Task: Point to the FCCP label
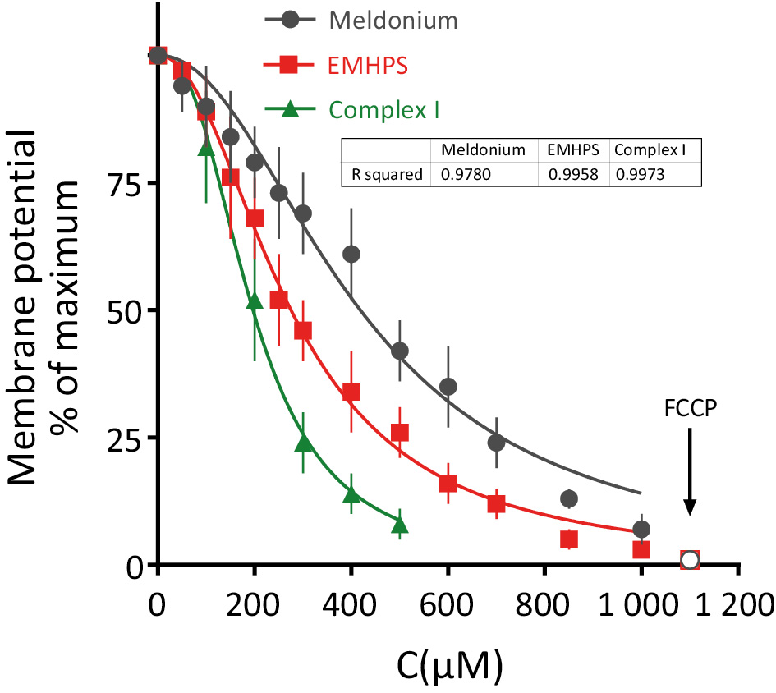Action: tap(689, 408)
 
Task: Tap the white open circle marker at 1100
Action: tap(690, 560)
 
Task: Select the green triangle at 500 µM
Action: tap(400, 525)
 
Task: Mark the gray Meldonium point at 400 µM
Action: tap(351, 255)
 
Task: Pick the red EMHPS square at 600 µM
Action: tap(448, 484)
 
